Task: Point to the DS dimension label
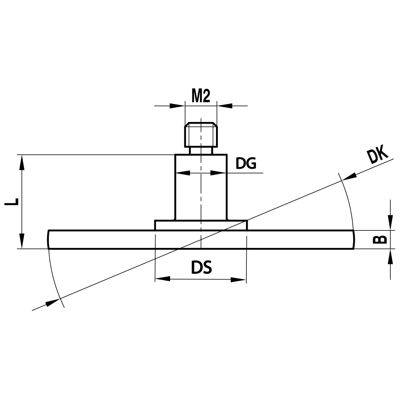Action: (201, 268)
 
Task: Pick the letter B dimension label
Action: (380, 239)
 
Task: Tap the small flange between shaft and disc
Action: (201, 225)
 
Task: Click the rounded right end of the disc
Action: (353, 240)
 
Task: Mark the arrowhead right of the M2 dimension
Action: (225, 106)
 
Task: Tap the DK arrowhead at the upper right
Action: (349, 176)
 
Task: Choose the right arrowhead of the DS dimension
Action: (238, 280)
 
